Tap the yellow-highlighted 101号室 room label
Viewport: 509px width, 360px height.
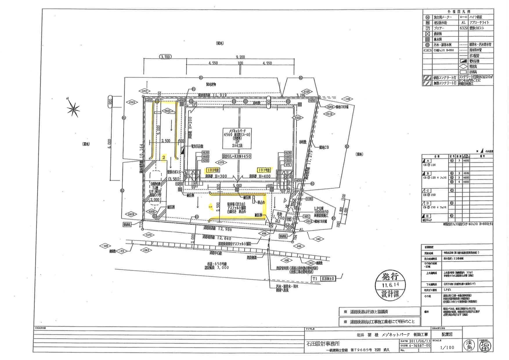point(264,170)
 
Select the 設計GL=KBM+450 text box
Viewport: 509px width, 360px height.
point(237,156)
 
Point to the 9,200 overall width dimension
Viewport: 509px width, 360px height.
point(240,57)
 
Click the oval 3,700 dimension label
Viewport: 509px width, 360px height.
point(165,57)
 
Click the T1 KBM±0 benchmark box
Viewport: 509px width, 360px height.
point(323,278)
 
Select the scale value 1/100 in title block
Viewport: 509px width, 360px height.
point(447,347)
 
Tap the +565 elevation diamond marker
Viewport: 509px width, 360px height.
point(132,102)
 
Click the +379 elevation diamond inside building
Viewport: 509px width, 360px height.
point(221,162)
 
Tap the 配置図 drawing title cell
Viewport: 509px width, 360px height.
point(447,334)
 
